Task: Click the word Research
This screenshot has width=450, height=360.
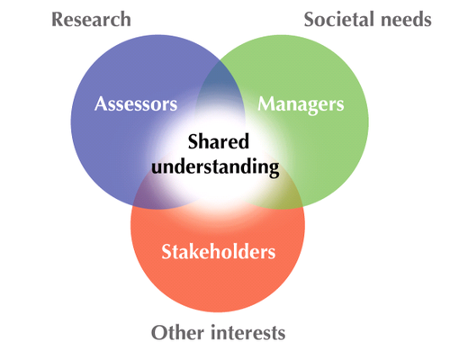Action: [91, 20]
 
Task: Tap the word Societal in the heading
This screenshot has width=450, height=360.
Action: [339, 20]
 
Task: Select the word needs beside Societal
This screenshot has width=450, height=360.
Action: [406, 20]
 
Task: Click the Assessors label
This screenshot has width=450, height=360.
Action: [136, 103]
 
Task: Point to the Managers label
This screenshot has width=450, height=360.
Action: [301, 105]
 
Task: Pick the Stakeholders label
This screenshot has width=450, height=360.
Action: [219, 251]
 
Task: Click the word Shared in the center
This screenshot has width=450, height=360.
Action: [219, 141]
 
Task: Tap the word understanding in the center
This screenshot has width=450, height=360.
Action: [215, 167]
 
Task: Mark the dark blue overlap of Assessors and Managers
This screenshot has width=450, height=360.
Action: [220, 78]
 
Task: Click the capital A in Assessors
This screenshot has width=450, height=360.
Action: [101, 103]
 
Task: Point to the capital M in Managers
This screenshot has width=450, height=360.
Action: [267, 103]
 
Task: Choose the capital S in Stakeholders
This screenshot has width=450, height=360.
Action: [166, 251]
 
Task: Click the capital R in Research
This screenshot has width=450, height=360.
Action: [58, 20]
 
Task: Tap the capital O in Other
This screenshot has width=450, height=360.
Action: [159, 333]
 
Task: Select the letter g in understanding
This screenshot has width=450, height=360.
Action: [273, 170]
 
